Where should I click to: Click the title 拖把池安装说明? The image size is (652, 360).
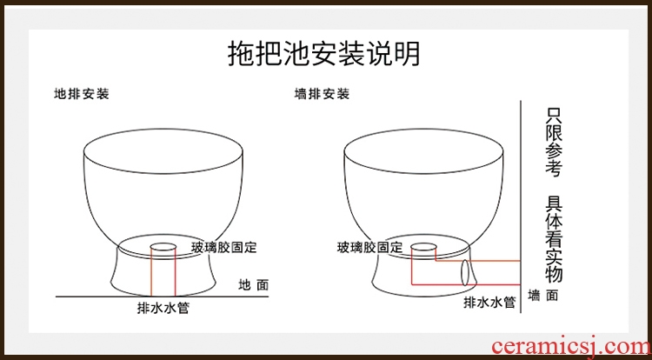click(324, 54)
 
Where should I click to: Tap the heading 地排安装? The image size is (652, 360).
click(82, 94)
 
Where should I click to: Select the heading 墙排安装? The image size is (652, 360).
click(322, 94)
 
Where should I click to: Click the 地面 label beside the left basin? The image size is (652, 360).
click(254, 285)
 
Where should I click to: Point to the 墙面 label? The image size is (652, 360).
click(543, 296)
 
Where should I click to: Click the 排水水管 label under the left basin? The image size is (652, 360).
click(163, 308)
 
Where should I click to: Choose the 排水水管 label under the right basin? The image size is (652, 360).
click(489, 303)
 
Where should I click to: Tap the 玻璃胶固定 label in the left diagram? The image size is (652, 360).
click(224, 247)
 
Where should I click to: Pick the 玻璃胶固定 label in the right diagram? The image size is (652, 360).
click(369, 248)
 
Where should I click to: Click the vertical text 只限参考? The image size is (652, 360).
click(554, 142)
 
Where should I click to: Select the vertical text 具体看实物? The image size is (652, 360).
click(554, 239)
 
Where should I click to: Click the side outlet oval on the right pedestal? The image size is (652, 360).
click(465, 273)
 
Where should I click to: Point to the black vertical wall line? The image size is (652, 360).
click(521, 206)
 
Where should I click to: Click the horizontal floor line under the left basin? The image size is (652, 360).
click(163, 297)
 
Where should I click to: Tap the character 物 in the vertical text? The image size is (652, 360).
click(554, 275)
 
